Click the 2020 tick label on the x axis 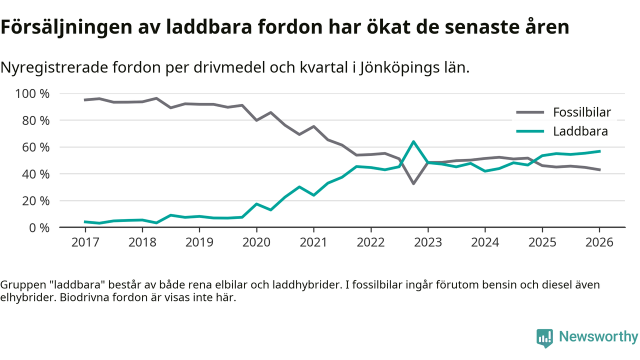coord(256,242)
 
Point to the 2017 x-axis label coord(85,242)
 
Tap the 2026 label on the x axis coord(599,242)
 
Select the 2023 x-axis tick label coord(428,242)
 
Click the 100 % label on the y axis coord(33,94)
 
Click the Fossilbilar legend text coord(582,112)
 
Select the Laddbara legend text coord(580,131)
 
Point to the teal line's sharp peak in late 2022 coord(413,141)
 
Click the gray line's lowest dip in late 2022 coord(413,183)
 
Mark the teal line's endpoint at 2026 coord(599,151)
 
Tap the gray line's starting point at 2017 coord(85,100)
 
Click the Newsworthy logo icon coord(544,337)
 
